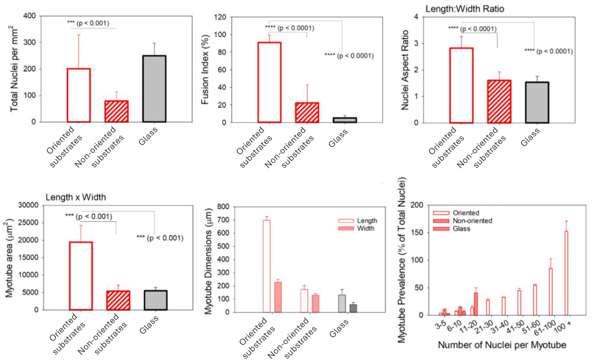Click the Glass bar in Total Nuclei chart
[154, 89]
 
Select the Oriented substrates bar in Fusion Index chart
[269, 82]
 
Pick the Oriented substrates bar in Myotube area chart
[81, 275]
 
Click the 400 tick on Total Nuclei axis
[30, 16]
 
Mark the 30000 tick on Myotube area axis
[28, 205]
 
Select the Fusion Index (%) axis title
[206, 69]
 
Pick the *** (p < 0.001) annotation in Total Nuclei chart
[92, 23]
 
